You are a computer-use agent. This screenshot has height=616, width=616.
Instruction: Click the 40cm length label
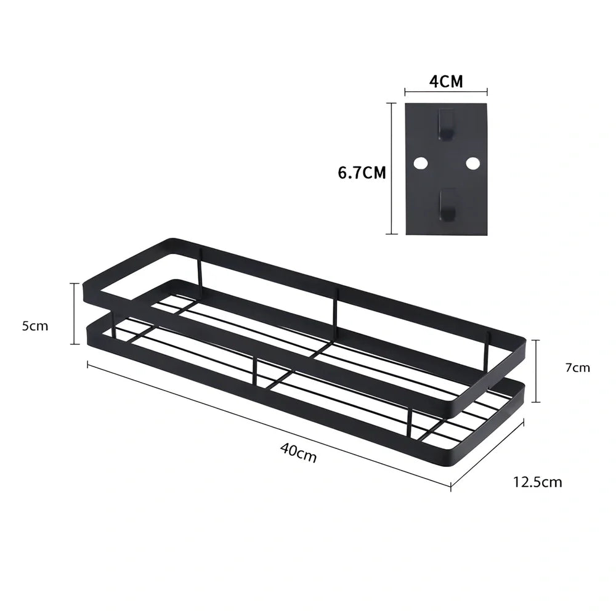(x=298, y=453)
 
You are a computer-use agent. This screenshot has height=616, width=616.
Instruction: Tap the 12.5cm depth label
(x=537, y=482)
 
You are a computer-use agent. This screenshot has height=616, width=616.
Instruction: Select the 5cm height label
(x=35, y=326)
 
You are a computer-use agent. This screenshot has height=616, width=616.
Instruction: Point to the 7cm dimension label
(x=578, y=368)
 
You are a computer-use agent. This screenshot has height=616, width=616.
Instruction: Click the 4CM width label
(x=446, y=81)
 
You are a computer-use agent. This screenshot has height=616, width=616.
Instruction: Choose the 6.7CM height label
(x=362, y=173)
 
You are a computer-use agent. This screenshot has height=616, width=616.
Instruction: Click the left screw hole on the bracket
(x=420, y=163)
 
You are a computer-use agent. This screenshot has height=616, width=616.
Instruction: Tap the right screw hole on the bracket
(x=472, y=163)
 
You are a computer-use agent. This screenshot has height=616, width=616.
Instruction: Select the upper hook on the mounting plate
(x=447, y=124)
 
